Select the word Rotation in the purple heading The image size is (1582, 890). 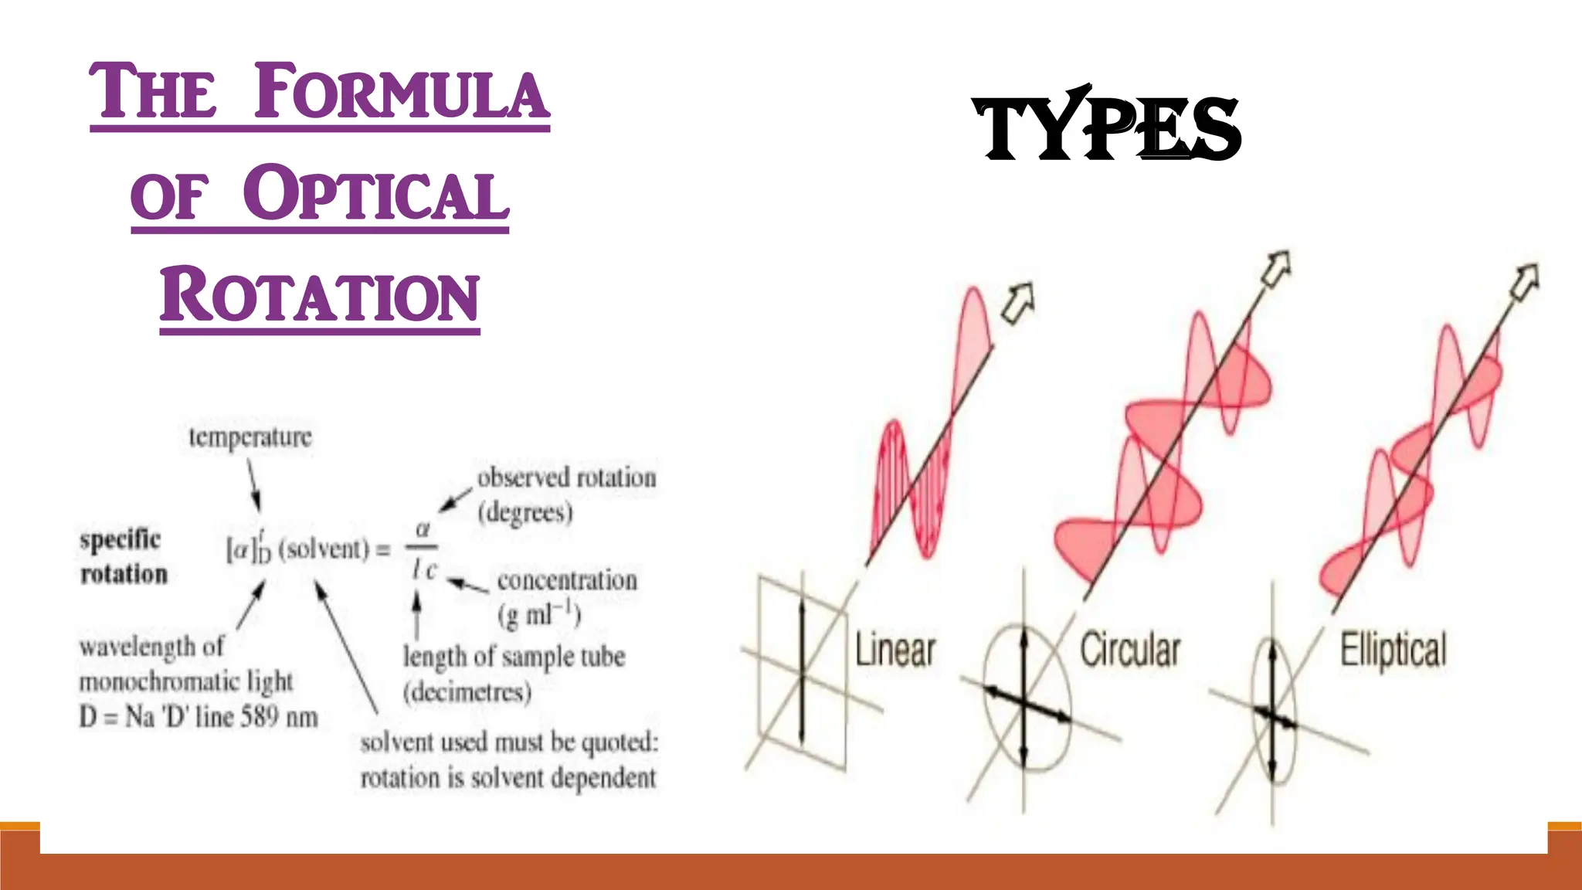pyautogui.click(x=320, y=295)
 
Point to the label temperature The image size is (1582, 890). pyautogui.click(x=250, y=437)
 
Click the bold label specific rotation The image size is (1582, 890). pyautogui.click(x=123, y=556)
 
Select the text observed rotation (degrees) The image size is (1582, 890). pyautogui.click(x=566, y=494)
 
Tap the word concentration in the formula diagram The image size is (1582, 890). pyautogui.click(x=567, y=580)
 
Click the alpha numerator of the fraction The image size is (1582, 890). pyautogui.click(x=423, y=530)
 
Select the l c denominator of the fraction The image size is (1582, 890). pyautogui.click(x=424, y=570)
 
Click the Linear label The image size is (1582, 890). pyautogui.click(x=895, y=651)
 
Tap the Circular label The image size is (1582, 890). pyautogui.click(x=1130, y=650)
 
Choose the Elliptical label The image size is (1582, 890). pyautogui.click(x=1393, y=650)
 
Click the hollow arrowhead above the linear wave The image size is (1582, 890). pyautogui.click(x=1018, y=302)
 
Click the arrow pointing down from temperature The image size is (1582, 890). pyautogui.click(x=253, y=484)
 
